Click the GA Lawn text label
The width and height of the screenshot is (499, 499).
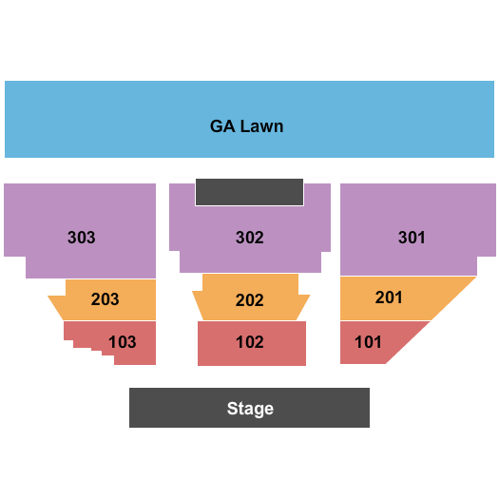click(246, 126)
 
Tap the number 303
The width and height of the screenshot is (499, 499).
click(81, 238)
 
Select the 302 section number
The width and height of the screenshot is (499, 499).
click(249, 238)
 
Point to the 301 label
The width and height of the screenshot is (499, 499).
click(412, 238)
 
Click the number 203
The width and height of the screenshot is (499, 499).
click(105, 299)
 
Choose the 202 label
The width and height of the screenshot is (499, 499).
click(249, 300)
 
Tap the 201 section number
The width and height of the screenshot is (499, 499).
click(389, 297)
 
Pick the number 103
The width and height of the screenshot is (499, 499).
click(123, 342)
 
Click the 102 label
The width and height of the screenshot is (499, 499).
click(249, 342)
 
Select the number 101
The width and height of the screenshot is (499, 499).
click(368, 342)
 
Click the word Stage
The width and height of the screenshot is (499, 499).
click(250, 409)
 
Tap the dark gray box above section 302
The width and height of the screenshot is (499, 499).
click(249, 192)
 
